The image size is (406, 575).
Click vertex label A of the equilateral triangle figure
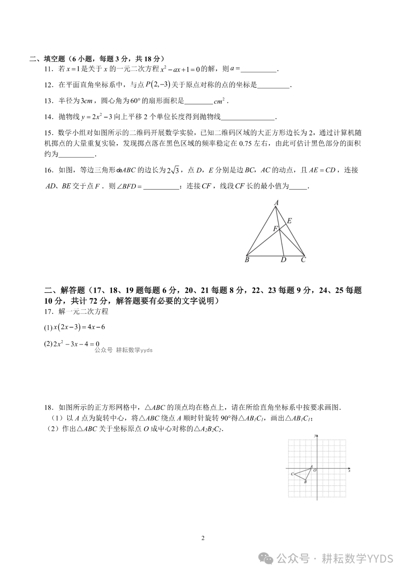276,203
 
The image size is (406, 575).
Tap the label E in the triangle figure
289,221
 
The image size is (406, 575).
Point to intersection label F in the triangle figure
275,229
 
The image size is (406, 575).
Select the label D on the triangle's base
283,260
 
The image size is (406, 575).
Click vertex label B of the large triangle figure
247,260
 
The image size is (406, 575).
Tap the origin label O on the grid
315,470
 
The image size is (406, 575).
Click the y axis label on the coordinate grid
315,435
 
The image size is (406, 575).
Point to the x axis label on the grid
349,471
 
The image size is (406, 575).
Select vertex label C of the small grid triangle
292,474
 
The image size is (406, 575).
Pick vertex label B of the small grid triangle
305,482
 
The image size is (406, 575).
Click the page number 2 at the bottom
203,538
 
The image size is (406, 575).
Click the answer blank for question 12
274,85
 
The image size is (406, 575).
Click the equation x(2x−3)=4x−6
79,327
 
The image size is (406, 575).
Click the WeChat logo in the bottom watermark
268,558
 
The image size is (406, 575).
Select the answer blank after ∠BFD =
161,186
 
